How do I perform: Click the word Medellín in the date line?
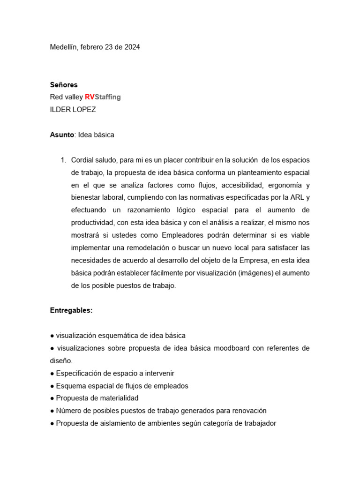[x=64, y=47]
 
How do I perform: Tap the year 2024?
[x=131, y=47]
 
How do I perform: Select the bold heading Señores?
[x=64, y=85]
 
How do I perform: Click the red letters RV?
[x=90, y=97]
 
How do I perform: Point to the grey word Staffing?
[x=108, y=97]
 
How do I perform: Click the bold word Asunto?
[x=62, y=135]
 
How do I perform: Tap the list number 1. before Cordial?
[x=63, y=160]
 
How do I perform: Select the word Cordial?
[x=82, y=160]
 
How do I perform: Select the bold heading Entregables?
[x=71, y=310]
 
